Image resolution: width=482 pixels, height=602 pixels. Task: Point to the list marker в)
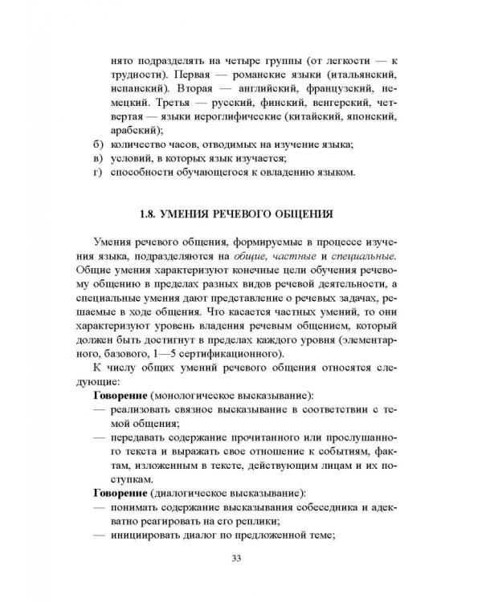(x=99, y=159)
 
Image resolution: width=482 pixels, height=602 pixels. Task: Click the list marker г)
(x=99, y=174)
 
